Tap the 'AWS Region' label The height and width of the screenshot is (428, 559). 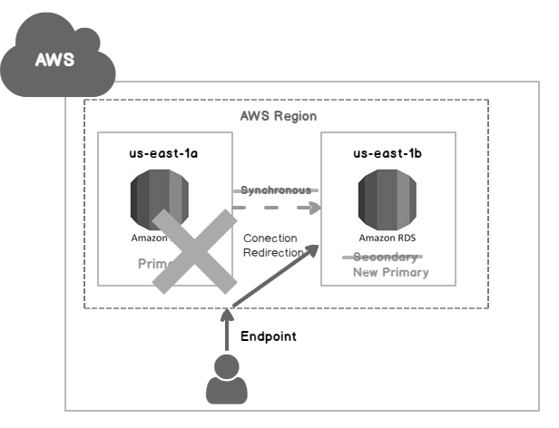click(279, 117)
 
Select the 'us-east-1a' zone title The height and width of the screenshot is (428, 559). click(164, 154)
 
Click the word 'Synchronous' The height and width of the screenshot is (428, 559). click(276, 190)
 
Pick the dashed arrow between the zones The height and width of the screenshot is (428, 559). click(277, 208)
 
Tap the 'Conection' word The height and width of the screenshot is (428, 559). click(270, 238)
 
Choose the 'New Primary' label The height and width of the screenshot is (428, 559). click(390, 272)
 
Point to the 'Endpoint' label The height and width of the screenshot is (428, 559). click(269, 336)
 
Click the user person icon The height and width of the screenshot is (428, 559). click(226, 380)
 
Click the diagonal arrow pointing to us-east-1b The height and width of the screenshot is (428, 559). click(277, 276)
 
